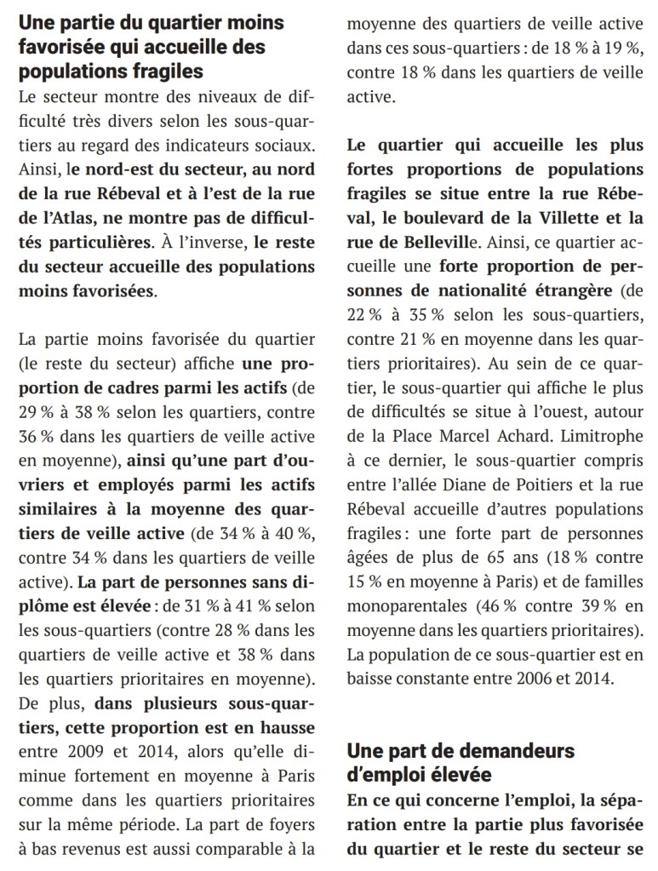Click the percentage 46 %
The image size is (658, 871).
(x=499, y=611)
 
